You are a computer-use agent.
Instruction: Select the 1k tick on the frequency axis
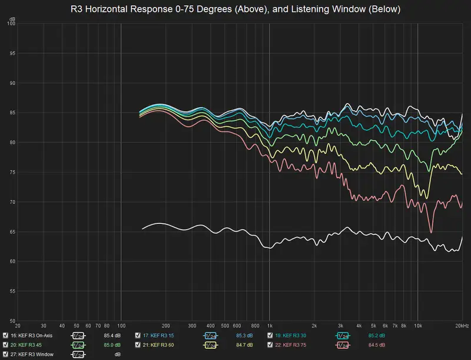pyautogui.click(x=270, y=325)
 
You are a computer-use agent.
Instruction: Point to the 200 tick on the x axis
pyautogui.click(x=165, y=325)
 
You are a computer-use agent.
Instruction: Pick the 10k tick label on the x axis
pyautogui.click(x=418, y=325)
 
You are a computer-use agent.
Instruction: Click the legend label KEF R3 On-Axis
pyautogui.click(x=33, y=335)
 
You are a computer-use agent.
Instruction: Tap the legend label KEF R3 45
pyautogui.click(x=26, y=345)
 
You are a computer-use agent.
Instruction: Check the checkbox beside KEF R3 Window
pyautogui.click(x=5, y=354)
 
